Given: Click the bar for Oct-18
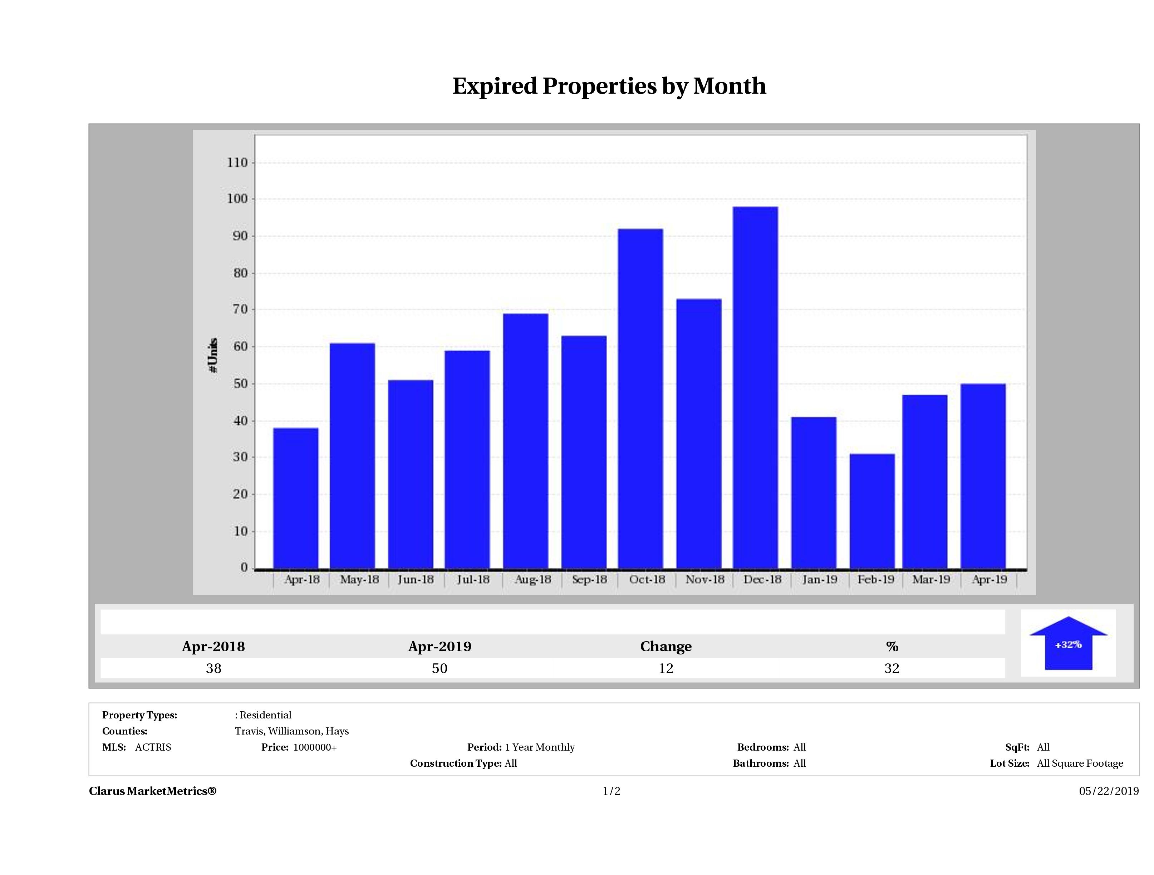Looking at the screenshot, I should (640, 399).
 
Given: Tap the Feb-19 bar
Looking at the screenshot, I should (872, 511).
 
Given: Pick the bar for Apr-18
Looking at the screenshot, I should (296, 498).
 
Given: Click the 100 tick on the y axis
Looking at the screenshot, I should (237, 199).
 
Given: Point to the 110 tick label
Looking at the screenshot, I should (237, 163).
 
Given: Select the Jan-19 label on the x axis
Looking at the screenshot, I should (820, 579).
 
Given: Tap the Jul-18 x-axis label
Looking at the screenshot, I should (473, 579).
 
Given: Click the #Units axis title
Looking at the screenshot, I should (213, 355).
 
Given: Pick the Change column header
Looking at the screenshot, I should (666, 647).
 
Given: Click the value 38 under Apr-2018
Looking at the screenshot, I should (213, 668).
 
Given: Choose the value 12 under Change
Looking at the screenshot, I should (666, 668).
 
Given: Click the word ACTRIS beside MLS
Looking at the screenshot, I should (153, 747).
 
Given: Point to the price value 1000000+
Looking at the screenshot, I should (315, 747).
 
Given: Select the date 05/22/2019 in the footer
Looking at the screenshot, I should (1109, 791).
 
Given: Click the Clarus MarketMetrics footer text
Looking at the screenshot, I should (152, 791).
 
